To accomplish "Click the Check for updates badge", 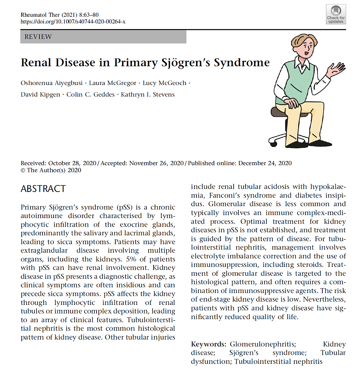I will pyautogui.click(x=336, y=15).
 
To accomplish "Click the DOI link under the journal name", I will pyautogui.click(x=73, y=22).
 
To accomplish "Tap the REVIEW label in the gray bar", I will pyautogui.click(x=38, y=37).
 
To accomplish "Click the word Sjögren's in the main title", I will pyautogui.click(x=184, y=62).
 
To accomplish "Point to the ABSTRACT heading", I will pyautogui.click(x=43, y=189).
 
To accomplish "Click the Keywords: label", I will pyautogui.click(x=208, y=344).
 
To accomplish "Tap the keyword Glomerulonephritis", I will pyautogui.click(x=262, y=344).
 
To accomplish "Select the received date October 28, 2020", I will pyautogui.click(x=72, y=163).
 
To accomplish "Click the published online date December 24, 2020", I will pyautogui.click(x=265, y=163).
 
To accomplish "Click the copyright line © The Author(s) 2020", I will pyautogui.click(x=51, y=170).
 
